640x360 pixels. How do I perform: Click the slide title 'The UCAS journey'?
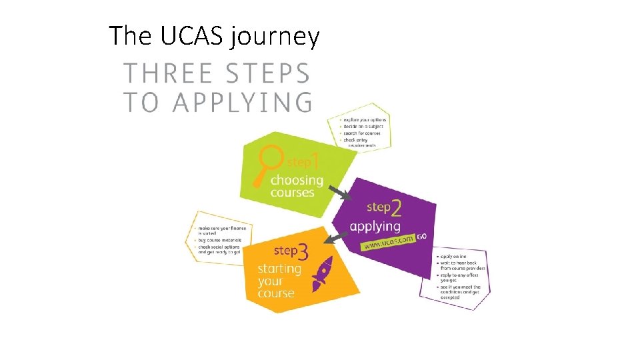point(214,36)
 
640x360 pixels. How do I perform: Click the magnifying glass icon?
point(269,163)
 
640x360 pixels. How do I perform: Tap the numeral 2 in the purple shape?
point(397,209)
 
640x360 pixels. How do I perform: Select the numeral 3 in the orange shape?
point(303,252)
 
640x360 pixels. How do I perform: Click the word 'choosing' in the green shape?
point(296,180)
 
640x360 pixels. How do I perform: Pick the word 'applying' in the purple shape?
point(375,226)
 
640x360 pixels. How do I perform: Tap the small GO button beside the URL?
point(422,236)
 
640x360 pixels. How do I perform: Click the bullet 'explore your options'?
point(365,120)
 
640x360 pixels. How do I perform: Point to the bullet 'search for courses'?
point(363,133)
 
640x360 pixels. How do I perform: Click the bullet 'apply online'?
point(453,256)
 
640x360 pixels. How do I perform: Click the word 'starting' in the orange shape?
point(279,268)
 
